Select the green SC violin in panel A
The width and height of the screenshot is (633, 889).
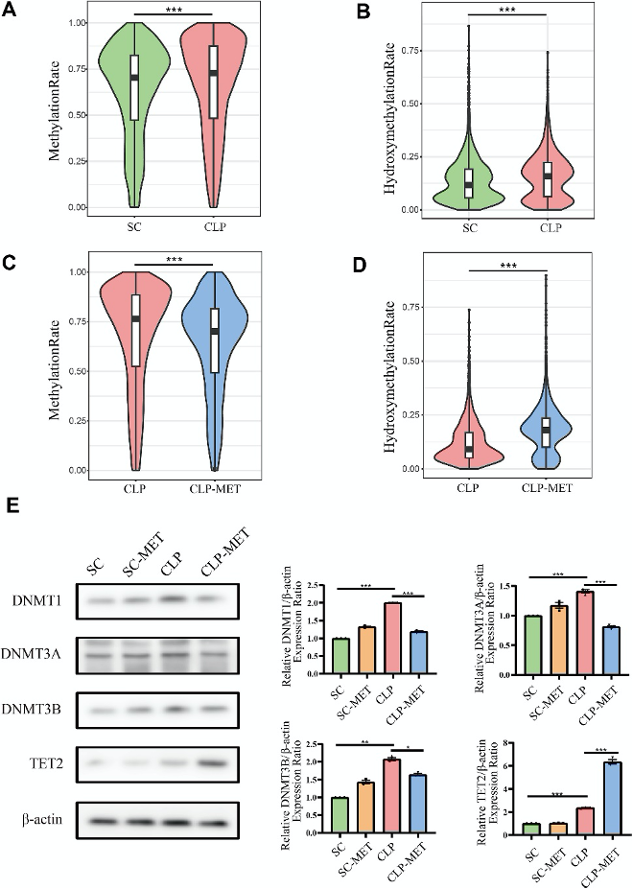[134, 105]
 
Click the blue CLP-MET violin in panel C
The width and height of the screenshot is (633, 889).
[215, 364]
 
